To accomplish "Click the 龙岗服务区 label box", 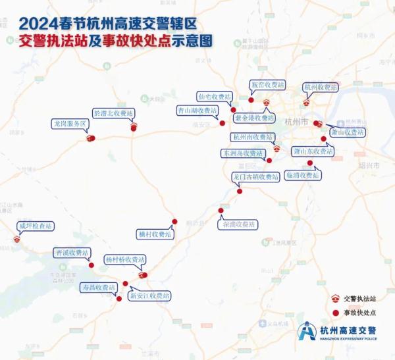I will (69, 124).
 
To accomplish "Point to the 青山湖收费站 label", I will (197, 110).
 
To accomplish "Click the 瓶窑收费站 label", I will (268, 86).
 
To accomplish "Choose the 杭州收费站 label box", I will (320, 87).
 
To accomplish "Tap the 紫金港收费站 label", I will (254, 118).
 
